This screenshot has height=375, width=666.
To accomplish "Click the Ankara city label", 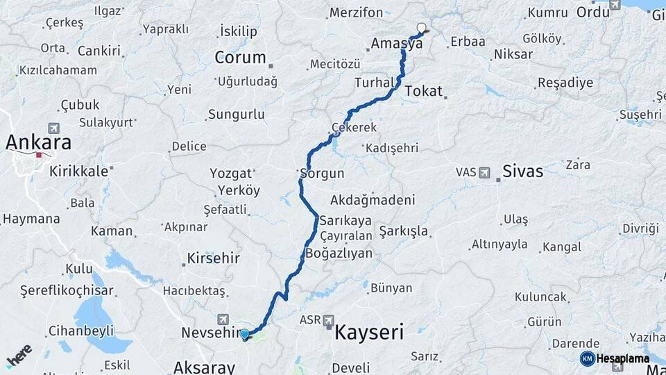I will (39, 142).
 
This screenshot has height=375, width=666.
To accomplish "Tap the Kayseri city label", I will (369, 332).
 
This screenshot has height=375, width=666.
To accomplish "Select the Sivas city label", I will (523, 171).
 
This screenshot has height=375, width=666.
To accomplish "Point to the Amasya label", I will (396, 43).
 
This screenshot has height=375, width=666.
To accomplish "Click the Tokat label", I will (423, 91).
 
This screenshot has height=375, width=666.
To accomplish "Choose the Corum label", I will (240, 58).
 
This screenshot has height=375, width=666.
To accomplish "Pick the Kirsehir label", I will (213, 258).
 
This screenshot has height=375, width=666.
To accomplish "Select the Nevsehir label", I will (210, 333).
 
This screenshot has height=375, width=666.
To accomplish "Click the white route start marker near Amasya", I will (421, 28).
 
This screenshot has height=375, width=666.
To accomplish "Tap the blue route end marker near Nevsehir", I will (244, 335).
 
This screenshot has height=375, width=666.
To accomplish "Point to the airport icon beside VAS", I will (484, 172).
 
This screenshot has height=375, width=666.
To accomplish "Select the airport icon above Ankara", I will (54, 128).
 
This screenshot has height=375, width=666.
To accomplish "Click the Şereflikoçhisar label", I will (67, 290).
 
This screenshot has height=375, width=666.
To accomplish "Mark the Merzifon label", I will (356, 12).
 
